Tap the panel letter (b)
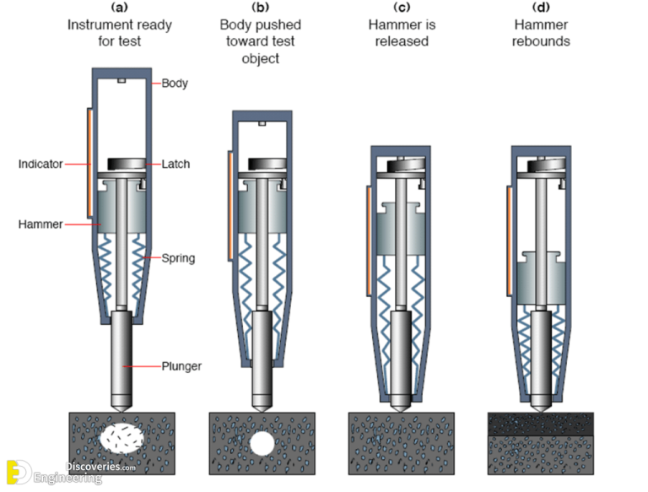(260, 8)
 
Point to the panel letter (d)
(541, 8)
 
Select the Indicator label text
(40, 164)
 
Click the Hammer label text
(40, 224)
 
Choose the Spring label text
(178, 257)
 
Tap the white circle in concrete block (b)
(261, 442)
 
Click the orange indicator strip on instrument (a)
(89, 160)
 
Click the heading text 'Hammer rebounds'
(541, 32)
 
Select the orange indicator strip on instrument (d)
(509, 241)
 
